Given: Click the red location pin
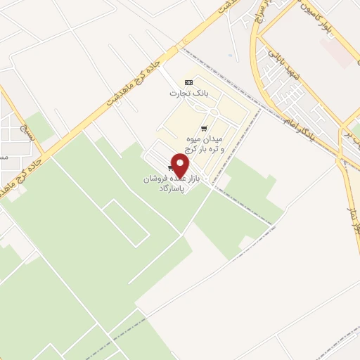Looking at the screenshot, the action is click(x=181, y=166).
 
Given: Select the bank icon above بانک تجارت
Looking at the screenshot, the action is click(x=188, y=82).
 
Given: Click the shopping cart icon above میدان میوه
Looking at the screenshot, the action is click(x=204, y=129).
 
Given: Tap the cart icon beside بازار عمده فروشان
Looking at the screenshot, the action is click(x=172, y=167).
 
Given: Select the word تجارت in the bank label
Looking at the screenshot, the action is click(x=177, y=93).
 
